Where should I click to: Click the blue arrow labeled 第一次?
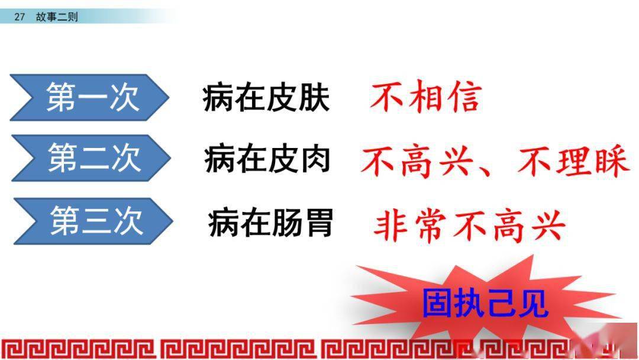tap(90, 97)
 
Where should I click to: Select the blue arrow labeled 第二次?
tap(91, 157)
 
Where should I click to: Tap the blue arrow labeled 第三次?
tap(93, 221)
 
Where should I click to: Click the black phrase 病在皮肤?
tap(266, 98)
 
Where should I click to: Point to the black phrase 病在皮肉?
tap(267, 159)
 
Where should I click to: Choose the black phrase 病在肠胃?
tap(270, 223)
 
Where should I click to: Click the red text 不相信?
tap(426, 97)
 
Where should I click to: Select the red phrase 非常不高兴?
tap(469, 226)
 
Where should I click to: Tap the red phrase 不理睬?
tap(573, 160)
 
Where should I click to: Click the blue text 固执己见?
tap(485, 303)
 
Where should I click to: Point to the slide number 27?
tap(20, 17)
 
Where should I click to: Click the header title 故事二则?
tap(57, 17)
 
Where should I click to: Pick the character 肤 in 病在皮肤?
tap(314, 98)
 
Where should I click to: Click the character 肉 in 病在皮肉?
tap(315, 159)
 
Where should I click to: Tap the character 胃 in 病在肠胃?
tap(318, 223)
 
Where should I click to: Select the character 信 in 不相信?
tap(465, 97)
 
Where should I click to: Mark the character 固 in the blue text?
tap(437, 303)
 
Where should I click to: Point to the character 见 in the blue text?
tap(532, 303)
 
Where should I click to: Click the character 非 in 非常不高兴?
tap(390, 226)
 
